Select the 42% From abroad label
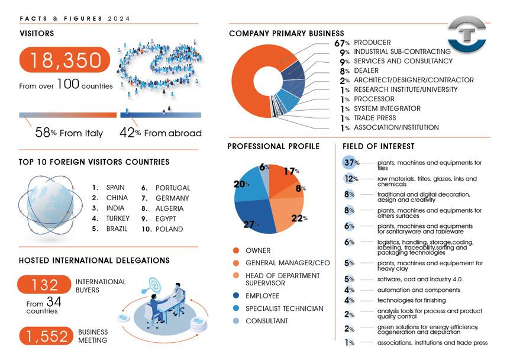pos(160,133)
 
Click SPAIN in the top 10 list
pos(115,188)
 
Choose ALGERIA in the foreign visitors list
pos(169,208)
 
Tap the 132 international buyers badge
pos(44,285)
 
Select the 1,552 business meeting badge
pos(46,336)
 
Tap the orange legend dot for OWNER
pos(236,250)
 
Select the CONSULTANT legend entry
pos(266,321)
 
